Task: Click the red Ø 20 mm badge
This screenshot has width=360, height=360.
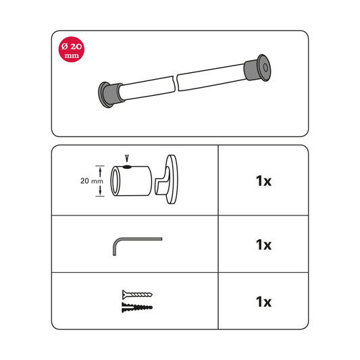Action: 72,49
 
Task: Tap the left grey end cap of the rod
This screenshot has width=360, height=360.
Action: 109,95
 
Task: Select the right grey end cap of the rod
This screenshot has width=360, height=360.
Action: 258,68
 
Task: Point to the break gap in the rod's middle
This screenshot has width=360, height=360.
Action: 176,83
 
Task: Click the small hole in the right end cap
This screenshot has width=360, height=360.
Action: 265,68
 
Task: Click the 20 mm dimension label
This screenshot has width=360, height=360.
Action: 92,181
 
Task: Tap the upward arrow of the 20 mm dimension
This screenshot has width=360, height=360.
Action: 100,172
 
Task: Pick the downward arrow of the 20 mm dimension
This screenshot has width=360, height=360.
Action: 100,190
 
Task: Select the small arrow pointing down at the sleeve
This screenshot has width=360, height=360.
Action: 127,159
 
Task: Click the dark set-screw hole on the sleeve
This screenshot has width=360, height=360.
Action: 127,167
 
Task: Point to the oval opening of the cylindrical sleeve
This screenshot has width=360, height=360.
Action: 115,181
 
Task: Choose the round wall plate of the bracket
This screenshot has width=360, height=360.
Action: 172,179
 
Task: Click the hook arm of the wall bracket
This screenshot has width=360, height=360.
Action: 162,182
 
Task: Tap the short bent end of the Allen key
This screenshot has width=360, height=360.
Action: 115,249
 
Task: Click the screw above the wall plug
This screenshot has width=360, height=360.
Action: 137,294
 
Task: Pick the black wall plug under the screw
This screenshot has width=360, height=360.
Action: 137,307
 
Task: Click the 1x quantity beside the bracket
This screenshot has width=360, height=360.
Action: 263,181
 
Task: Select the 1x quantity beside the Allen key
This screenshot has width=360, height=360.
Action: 263,245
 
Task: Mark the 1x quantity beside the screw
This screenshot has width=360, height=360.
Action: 263,302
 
